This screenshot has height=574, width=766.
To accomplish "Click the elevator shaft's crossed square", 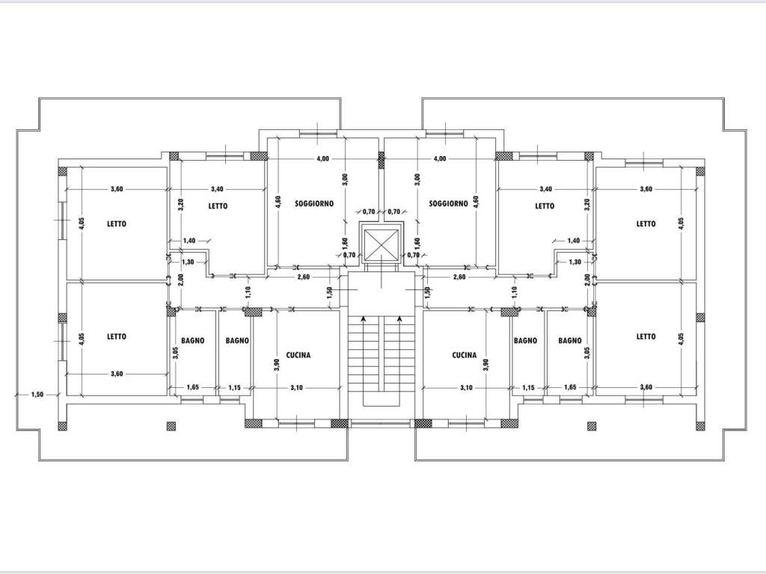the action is point(382,245).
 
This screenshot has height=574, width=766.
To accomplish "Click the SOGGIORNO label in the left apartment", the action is point(314,203).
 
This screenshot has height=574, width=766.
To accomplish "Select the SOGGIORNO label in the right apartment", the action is point(449,203).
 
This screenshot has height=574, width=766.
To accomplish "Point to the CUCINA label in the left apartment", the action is point(298,355).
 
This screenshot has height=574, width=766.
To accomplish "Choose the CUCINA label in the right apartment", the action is point(464,355).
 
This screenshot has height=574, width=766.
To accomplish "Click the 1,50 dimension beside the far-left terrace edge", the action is point(37,395).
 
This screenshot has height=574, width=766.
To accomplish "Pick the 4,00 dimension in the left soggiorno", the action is point(323,158).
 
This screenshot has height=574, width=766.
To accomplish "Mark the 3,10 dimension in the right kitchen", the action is point(466,388).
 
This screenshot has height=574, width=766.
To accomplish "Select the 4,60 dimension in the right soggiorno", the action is point(477,203).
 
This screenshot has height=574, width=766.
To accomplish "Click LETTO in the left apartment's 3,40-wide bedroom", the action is point(218,206).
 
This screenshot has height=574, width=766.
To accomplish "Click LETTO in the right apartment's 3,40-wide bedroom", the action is point(545,206).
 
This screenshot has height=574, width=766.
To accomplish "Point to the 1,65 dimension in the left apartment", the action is point(192,388).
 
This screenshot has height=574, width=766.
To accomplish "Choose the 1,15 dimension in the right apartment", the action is point(528,388).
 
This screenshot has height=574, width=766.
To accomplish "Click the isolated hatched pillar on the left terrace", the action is point(171,425).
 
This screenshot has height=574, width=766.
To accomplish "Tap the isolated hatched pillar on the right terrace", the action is point(592,425).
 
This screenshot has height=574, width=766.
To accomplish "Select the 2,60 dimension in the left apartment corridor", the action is point(304,277).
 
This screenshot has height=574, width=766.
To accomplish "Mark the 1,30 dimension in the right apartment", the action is point(575,262).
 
